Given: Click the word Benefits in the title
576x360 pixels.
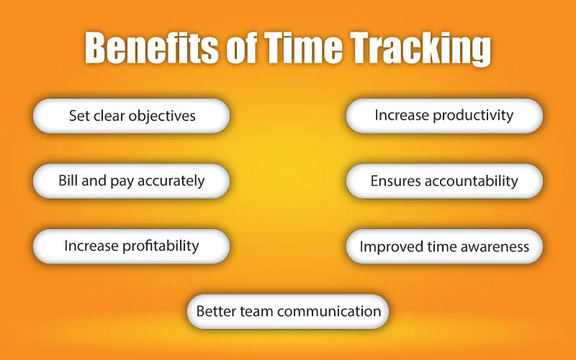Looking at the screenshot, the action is pos(151,48).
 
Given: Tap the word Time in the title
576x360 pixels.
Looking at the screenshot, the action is pos(303,47).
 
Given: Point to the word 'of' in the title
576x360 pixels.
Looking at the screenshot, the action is pos(241,48).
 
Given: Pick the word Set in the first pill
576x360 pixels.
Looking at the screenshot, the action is pos(79,116).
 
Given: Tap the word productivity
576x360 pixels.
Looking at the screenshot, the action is pos(473,116).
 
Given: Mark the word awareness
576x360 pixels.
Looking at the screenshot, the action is pos(495,246).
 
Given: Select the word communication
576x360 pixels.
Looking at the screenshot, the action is pos(329,311).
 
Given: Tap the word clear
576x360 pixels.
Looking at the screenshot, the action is pos(109,116).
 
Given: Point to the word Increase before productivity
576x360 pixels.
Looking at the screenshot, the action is pos(402,115).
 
